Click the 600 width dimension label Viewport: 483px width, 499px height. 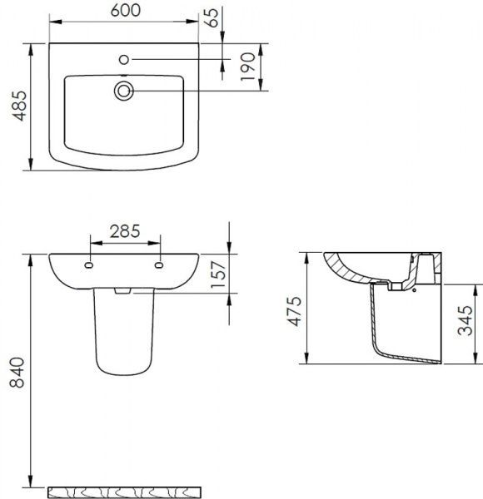(125, 10)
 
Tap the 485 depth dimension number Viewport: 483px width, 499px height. (20, 106)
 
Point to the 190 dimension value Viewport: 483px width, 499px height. (248, 67)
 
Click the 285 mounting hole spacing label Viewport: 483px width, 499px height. (125, 231)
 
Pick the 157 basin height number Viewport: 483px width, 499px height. (219, 274)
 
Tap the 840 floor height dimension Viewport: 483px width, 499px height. (17, 373)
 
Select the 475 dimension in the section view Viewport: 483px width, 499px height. (295, 311)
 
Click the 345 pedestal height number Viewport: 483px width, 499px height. (466, 320)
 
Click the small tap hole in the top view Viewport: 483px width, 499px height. (123, 60)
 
